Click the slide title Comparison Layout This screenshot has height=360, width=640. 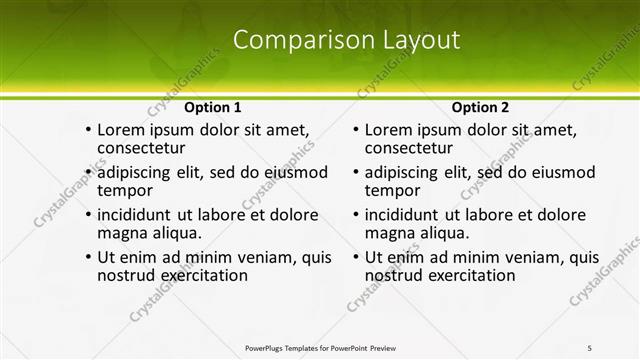pos(346,40)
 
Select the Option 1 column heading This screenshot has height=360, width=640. pos(212,107)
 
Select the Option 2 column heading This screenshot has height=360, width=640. pos(480,107)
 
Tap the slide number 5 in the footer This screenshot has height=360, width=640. pos(589,347)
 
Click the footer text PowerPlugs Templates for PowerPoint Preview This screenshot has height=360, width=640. pos(321,347)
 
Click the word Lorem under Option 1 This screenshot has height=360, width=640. pos(120,130)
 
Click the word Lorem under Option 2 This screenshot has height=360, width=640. pos(388,130)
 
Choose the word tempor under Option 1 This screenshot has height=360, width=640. pos(124,190)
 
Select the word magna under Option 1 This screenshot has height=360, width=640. pos(121,233)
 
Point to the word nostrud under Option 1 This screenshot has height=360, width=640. pos(127,275)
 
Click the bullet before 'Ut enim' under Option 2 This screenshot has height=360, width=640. pos(355,257)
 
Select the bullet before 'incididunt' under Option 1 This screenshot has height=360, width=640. pos(88,214)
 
